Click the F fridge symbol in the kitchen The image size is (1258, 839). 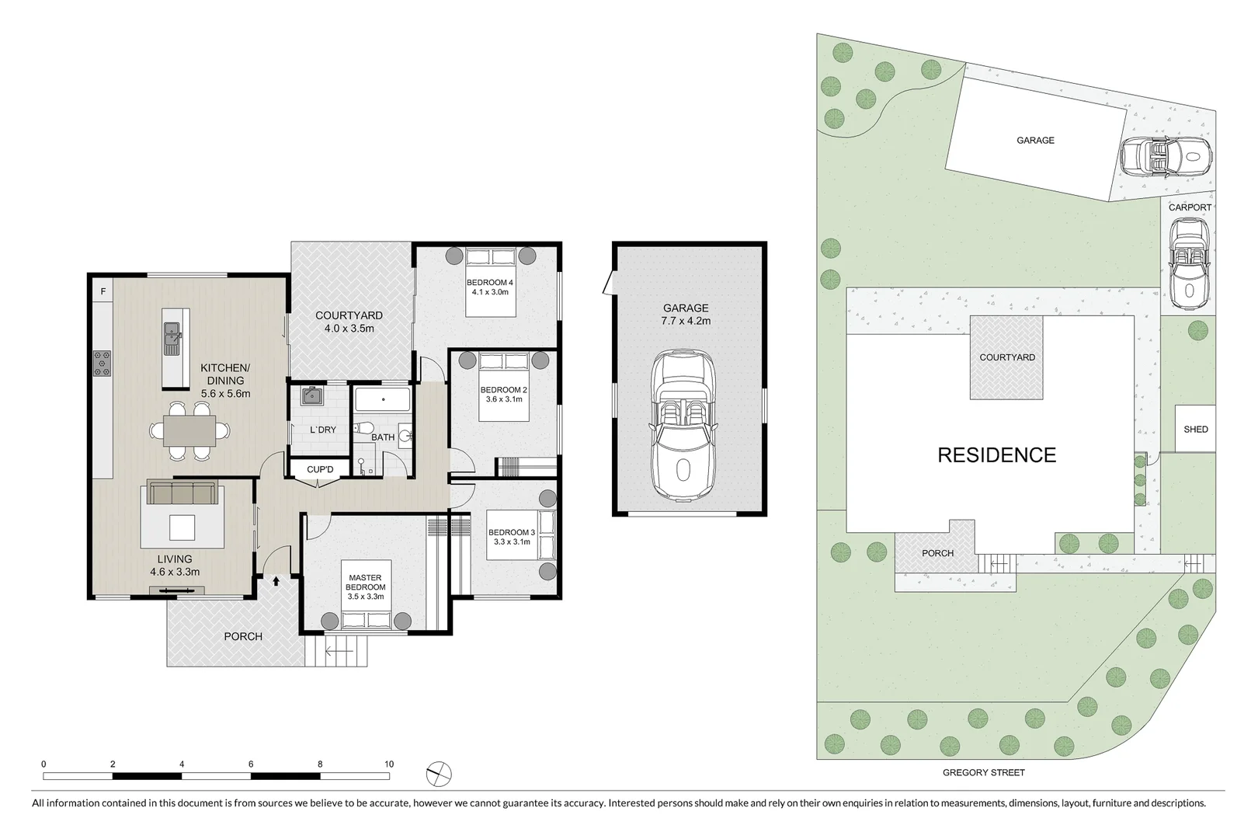tap(103, 291)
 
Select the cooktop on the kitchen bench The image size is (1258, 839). tap(102, 363)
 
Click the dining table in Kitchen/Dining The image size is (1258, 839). tap(189, 430)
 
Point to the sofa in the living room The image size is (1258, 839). tap(182, 493)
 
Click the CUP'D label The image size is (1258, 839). tap(320, 469)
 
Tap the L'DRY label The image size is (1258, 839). tap(323, 430)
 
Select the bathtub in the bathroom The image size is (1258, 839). tap(383, 401)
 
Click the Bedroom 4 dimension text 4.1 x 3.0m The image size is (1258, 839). tap(489, 293)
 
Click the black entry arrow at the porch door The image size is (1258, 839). tap(276, 580)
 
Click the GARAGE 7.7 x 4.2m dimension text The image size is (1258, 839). tap(686, 321)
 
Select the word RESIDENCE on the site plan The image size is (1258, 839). tap(996, 455)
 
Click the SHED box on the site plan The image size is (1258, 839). tap(1195, 429)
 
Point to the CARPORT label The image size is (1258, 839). tap(1190, 207)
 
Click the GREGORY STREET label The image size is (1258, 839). tap(983, 772)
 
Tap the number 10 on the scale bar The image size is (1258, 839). tap(389, 764)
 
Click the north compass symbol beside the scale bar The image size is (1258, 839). tap(439, 774)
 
